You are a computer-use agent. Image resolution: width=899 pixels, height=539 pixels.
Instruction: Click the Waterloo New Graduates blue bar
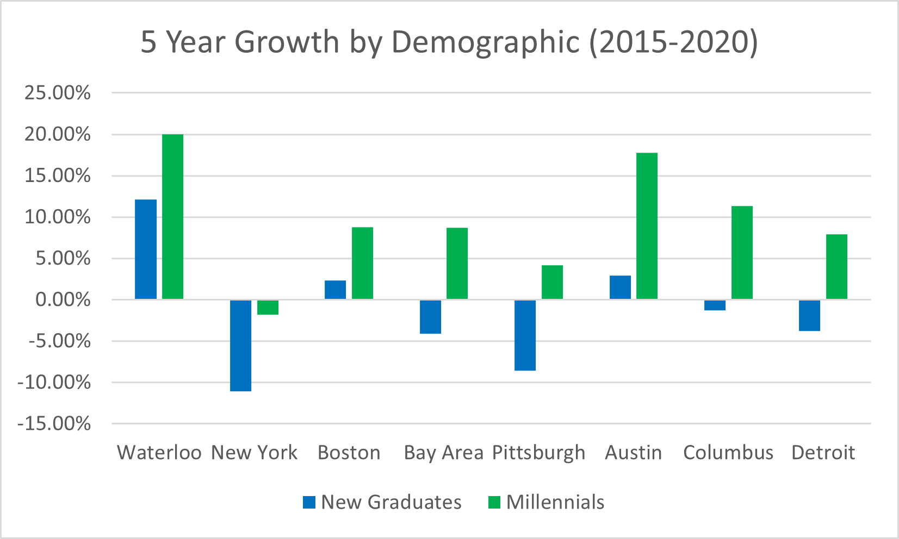[x=146, y=249]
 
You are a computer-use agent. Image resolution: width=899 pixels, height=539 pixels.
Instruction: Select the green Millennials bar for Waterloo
[x=173, y=217]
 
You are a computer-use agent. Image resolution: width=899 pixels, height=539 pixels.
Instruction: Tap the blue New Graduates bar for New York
[x=241, y=346]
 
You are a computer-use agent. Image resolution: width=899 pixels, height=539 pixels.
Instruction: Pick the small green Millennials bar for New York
[x=268, y=308]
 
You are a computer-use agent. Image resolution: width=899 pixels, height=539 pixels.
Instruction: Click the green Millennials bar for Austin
[x=647, y=226]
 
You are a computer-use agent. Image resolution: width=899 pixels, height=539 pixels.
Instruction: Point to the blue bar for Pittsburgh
[x=525, y=335]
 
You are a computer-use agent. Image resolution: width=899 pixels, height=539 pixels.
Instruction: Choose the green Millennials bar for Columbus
[x=742, y=253]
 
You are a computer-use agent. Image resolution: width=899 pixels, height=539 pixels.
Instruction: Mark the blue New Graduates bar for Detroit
[x=810, y=316]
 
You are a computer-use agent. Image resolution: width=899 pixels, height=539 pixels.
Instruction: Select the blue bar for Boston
[x=336, y=290]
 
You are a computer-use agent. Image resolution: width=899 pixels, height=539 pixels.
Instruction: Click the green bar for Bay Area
[x=457, y=264]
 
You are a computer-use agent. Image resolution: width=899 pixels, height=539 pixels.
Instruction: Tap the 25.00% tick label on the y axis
[x=57, y=93]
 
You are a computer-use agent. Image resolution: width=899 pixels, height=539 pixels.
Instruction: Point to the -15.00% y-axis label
[x=54, y=424]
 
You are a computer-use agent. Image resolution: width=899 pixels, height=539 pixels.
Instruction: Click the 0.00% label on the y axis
[x=63, y=300]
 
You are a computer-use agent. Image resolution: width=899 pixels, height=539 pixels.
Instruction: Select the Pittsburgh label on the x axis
[x=538, y=453]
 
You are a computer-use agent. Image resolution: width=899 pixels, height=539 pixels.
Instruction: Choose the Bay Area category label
[x=443, y=453]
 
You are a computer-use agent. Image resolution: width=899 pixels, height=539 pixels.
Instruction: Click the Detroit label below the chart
[x=823, y=453]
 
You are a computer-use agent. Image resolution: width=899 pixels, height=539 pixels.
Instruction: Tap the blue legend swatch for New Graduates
[x=309, y=503]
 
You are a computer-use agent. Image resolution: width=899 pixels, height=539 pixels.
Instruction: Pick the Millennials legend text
[x=555, y=502]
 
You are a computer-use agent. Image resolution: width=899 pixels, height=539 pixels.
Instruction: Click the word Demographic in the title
[x=486, y=42]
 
